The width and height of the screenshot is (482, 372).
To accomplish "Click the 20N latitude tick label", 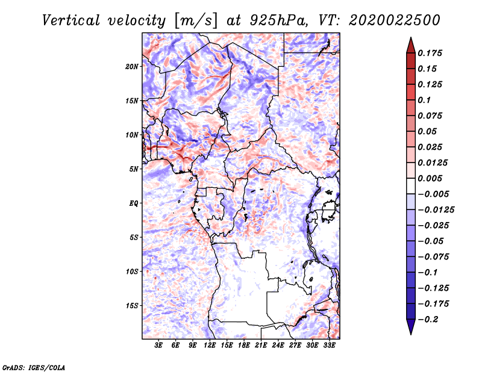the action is click(131, 67).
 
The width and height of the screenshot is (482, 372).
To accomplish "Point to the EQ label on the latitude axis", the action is click(133, 203).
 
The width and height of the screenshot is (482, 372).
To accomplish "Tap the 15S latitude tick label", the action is click(132, 306).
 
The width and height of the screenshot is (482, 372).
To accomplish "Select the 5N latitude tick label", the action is click(134, 169).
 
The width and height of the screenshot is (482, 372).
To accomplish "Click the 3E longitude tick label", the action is click(158, 345).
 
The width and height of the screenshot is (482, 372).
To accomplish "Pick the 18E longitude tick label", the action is click(243, 345).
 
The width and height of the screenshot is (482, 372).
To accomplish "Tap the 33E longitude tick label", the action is click(329, 345).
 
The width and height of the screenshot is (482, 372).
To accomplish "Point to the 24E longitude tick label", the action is click(278, 345).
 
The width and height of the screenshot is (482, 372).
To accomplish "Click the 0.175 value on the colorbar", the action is click(430, 53).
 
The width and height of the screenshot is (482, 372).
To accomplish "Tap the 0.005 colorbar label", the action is click(430, 178).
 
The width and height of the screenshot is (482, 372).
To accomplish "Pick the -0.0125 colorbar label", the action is click(436, 210).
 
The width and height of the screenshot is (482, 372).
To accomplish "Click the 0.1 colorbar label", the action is click(424, 100).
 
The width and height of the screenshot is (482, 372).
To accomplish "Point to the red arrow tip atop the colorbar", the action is click(411, 38).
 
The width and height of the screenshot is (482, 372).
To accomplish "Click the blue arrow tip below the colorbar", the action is click(411, 333).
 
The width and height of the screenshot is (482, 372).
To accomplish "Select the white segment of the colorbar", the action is click(411, 186).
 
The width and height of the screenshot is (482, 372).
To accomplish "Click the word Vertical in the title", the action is click(71, 20).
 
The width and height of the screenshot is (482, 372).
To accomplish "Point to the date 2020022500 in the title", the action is click(395, 20).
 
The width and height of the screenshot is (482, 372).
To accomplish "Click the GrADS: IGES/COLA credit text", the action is click(34, 367).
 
